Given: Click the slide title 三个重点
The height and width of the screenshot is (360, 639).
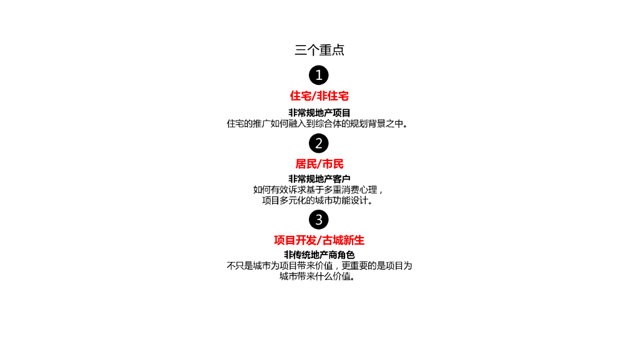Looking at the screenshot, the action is (x=319, y=50).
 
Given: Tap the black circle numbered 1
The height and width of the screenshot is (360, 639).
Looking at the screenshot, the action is (x=319, y=75).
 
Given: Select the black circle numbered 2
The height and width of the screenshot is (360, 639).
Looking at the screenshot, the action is (x=319, y=144).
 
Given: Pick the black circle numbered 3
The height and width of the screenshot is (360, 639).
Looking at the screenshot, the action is (x=319, y=220).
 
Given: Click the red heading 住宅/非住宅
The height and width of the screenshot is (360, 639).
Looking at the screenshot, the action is (x=319, y=96).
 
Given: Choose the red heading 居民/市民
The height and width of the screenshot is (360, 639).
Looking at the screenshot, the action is (x=319, y=164).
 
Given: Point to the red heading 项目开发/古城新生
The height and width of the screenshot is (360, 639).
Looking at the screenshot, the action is (x=319, y=240).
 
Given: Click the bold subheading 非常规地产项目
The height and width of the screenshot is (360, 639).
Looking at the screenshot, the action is (x=319, y=113).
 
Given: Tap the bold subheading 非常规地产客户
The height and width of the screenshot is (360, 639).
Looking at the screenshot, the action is (x=319, y=179).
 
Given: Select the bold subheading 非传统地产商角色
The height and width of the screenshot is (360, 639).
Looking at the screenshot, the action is (x=319, y=255).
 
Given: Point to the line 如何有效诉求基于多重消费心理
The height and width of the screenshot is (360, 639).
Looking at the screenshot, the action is (x=319, y=190).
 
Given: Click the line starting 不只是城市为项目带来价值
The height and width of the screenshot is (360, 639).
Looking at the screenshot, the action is (x=319, y=265).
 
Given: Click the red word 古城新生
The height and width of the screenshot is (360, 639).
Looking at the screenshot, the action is (x=343, y=240).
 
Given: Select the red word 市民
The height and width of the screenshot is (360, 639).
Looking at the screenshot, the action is (x=333, y=164).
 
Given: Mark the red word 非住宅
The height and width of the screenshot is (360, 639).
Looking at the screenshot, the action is (x=333, y=96).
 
